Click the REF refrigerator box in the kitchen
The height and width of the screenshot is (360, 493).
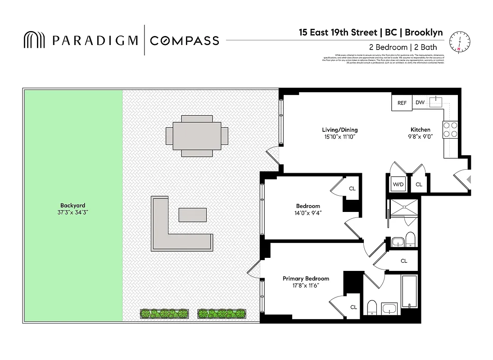[402, 103]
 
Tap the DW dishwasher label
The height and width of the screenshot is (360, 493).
[420, 103]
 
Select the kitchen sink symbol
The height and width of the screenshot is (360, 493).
[435, 102]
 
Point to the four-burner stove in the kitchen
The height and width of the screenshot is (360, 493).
[451, 130]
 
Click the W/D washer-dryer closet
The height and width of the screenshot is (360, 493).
[398, 184]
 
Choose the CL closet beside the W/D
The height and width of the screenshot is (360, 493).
[419, 184]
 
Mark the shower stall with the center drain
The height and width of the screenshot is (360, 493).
[403, 211]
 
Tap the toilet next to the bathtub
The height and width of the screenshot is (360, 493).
[372, 308]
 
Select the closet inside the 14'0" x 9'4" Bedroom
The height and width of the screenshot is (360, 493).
[352, 189]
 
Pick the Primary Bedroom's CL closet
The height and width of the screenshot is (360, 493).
[353, 307]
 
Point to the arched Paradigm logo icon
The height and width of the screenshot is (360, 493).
[35, 40]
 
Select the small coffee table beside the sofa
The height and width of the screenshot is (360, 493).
[193, 215]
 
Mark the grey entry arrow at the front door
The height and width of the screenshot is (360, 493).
[469, 180]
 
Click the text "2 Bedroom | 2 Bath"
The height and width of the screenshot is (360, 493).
[403, 47]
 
